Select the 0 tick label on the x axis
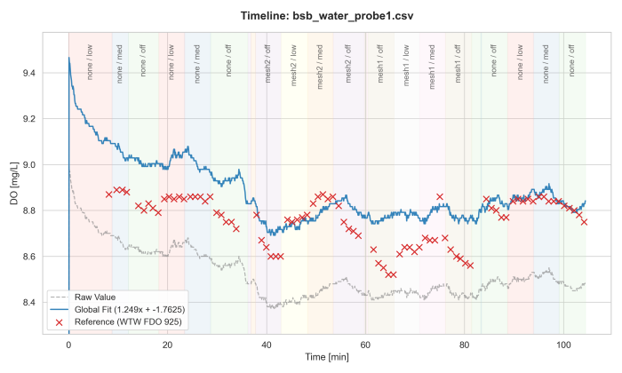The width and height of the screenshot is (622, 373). click(x=68, y=341)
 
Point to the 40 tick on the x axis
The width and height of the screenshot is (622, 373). click(x=266, y=341)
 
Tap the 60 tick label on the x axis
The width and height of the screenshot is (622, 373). click(x=364, y=341)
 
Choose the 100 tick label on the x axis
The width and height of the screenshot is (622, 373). click(x=562, y=341)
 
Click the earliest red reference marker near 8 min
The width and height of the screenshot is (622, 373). click(x=108, y=194)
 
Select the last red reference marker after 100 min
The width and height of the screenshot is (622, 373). click(x=584, y=222)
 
